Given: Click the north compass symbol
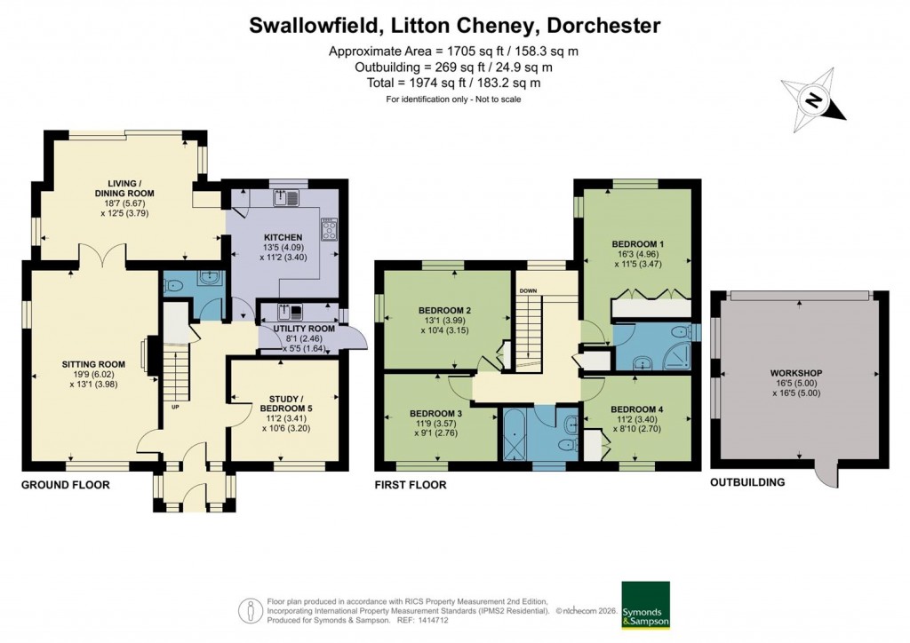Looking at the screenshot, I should [x=812, y=99].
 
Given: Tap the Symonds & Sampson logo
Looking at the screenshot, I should [x=645, y=605].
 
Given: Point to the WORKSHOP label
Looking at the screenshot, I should [x=797, y=373].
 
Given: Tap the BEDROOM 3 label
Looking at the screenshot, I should [x=435, y=414].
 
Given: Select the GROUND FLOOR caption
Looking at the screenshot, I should [x=66, y=485].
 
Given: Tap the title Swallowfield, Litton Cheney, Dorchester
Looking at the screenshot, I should [x=454, y=25].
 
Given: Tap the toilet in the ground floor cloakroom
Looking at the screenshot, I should [x=174, y=286].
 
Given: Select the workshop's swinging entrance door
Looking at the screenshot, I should [x=826, y=474].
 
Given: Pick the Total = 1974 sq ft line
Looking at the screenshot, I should [x=454, y=83].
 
